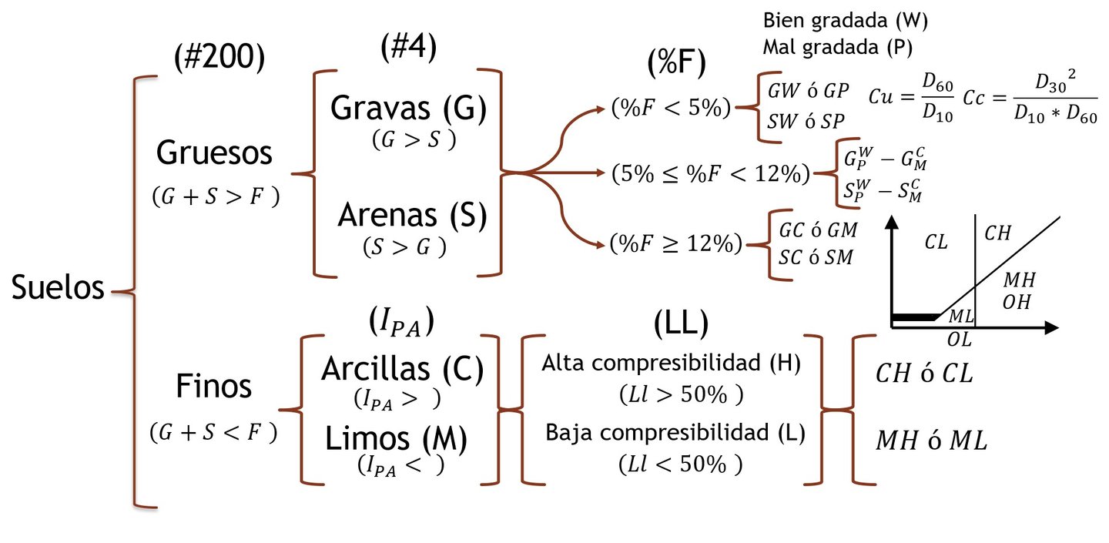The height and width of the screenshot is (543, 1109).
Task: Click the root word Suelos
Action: pos(58,289)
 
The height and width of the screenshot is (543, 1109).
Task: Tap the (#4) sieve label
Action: pos(408,48)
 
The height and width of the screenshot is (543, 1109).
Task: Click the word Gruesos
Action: pos(214,153)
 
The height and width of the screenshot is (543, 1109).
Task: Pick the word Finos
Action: pos(213,386)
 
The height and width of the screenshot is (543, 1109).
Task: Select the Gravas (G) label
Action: pos(408,109)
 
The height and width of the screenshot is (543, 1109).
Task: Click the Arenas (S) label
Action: pos(412,216)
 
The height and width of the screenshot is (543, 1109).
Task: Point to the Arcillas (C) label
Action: pos(403,370)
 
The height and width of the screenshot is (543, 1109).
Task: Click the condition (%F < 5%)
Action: pos(670,108)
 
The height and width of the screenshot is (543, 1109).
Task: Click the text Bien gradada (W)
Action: pos(845,21)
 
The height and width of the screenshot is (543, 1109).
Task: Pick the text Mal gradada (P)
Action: pos(837,47)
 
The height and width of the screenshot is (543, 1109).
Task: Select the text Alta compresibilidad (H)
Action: pos(672,363)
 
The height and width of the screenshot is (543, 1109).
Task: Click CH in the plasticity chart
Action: pos(998,233)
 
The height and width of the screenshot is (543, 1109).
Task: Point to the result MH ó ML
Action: pos(931,441)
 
